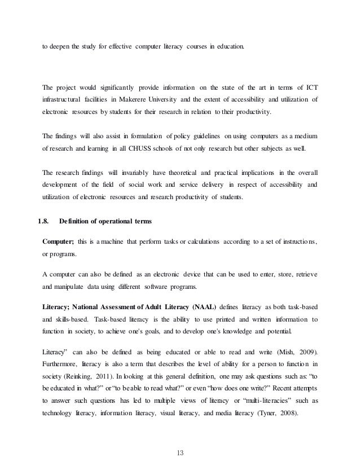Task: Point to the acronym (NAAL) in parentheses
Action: point(213,306)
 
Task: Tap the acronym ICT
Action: point(310,86)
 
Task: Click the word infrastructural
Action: point(66,99)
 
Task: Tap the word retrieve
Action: point(304,274)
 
